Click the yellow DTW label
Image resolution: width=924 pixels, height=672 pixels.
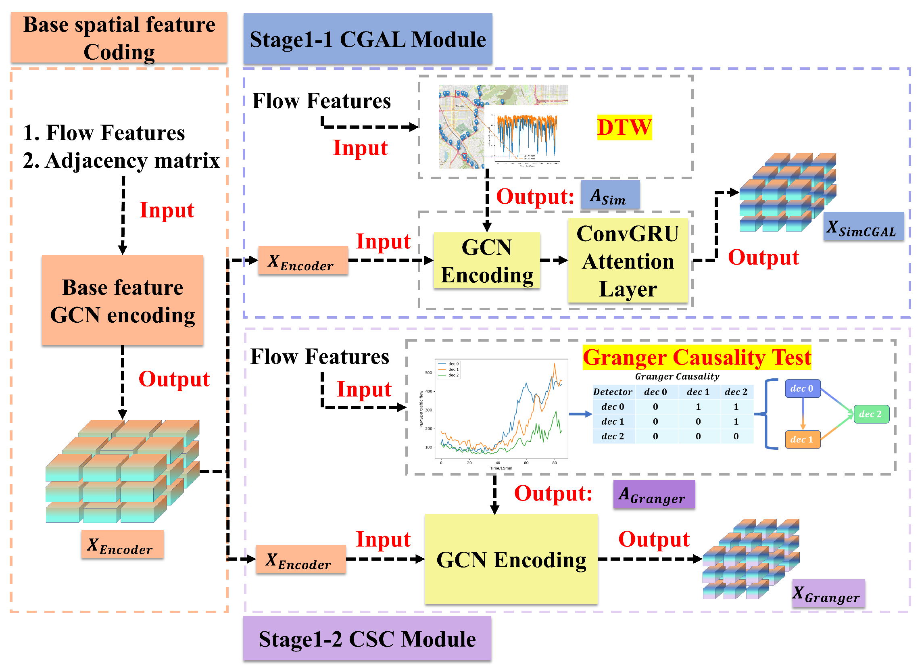(624, 127)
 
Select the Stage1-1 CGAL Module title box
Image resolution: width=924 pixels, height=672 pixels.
(367, 40)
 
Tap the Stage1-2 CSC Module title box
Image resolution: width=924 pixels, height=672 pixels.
(367, 639)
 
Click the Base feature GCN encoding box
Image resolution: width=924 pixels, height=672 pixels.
(123, 301)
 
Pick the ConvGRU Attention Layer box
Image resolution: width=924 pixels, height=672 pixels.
(628, 261)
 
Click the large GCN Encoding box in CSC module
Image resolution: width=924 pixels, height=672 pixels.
(511, 559)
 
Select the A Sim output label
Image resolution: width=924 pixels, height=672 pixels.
(610, 196)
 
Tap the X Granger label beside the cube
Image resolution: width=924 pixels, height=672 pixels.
(828, 593)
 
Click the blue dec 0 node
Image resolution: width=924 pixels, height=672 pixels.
(802, 389)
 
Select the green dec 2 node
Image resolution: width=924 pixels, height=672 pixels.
(871, 414)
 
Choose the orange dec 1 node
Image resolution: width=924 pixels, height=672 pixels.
(802, 440)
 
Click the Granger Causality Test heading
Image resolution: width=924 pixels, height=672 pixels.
(697, 358)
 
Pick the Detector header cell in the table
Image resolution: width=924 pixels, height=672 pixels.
(612, 392)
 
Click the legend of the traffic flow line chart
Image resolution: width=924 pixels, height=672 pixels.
(448, 369)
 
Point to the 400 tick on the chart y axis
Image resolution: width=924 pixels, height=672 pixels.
(429, 392)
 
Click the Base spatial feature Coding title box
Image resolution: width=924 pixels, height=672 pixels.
(119, 38)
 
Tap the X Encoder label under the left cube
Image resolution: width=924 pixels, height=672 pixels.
(122, 545)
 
